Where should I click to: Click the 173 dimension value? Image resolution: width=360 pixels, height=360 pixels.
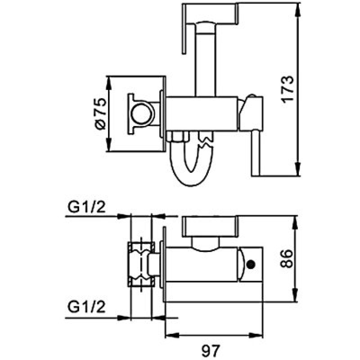[x=288, y=89]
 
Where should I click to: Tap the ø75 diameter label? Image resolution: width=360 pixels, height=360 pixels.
[x=100, y=114]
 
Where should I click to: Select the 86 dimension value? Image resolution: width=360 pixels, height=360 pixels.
[x=287, y=258]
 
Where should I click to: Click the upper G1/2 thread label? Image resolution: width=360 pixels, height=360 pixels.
[x=86, y=207]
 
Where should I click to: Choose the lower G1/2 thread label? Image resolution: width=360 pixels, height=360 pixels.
[x=86, y=307]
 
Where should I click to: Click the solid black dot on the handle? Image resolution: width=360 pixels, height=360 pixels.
[x=251, y=264]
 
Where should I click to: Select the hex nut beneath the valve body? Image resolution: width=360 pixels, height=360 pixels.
[x=177, y=136]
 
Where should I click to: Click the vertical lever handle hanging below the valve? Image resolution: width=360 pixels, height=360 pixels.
[x=256, y=153]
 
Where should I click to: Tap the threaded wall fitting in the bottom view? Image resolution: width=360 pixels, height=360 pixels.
[x=141, y=265]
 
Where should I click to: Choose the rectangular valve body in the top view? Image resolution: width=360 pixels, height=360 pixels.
[x=201, y=114]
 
